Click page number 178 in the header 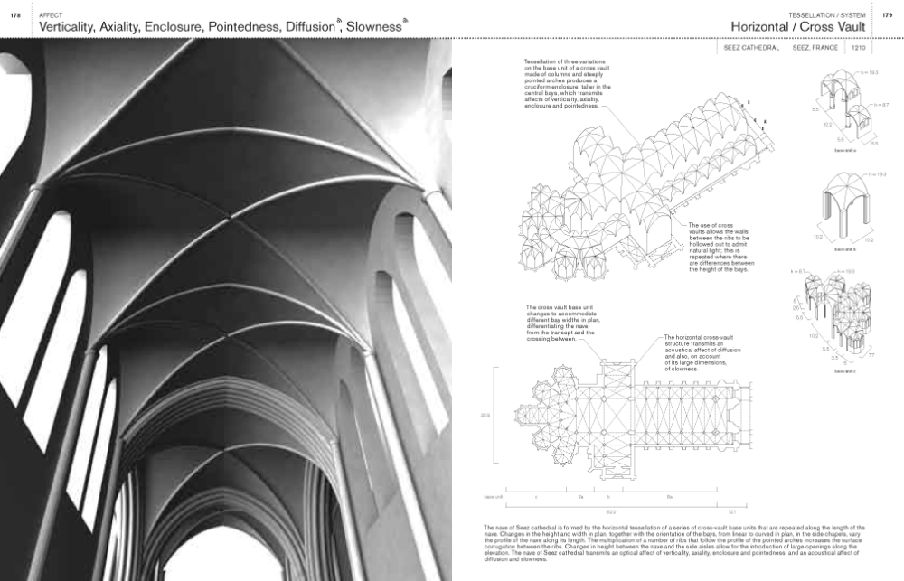tap(15, 15)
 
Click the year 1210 tap(859, 47)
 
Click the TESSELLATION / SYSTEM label tap(826, 15)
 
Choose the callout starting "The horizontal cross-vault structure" tap(701, 352)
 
